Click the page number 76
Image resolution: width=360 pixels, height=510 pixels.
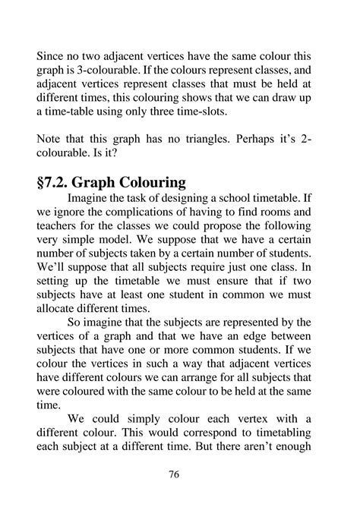click(x=174, y=474)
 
